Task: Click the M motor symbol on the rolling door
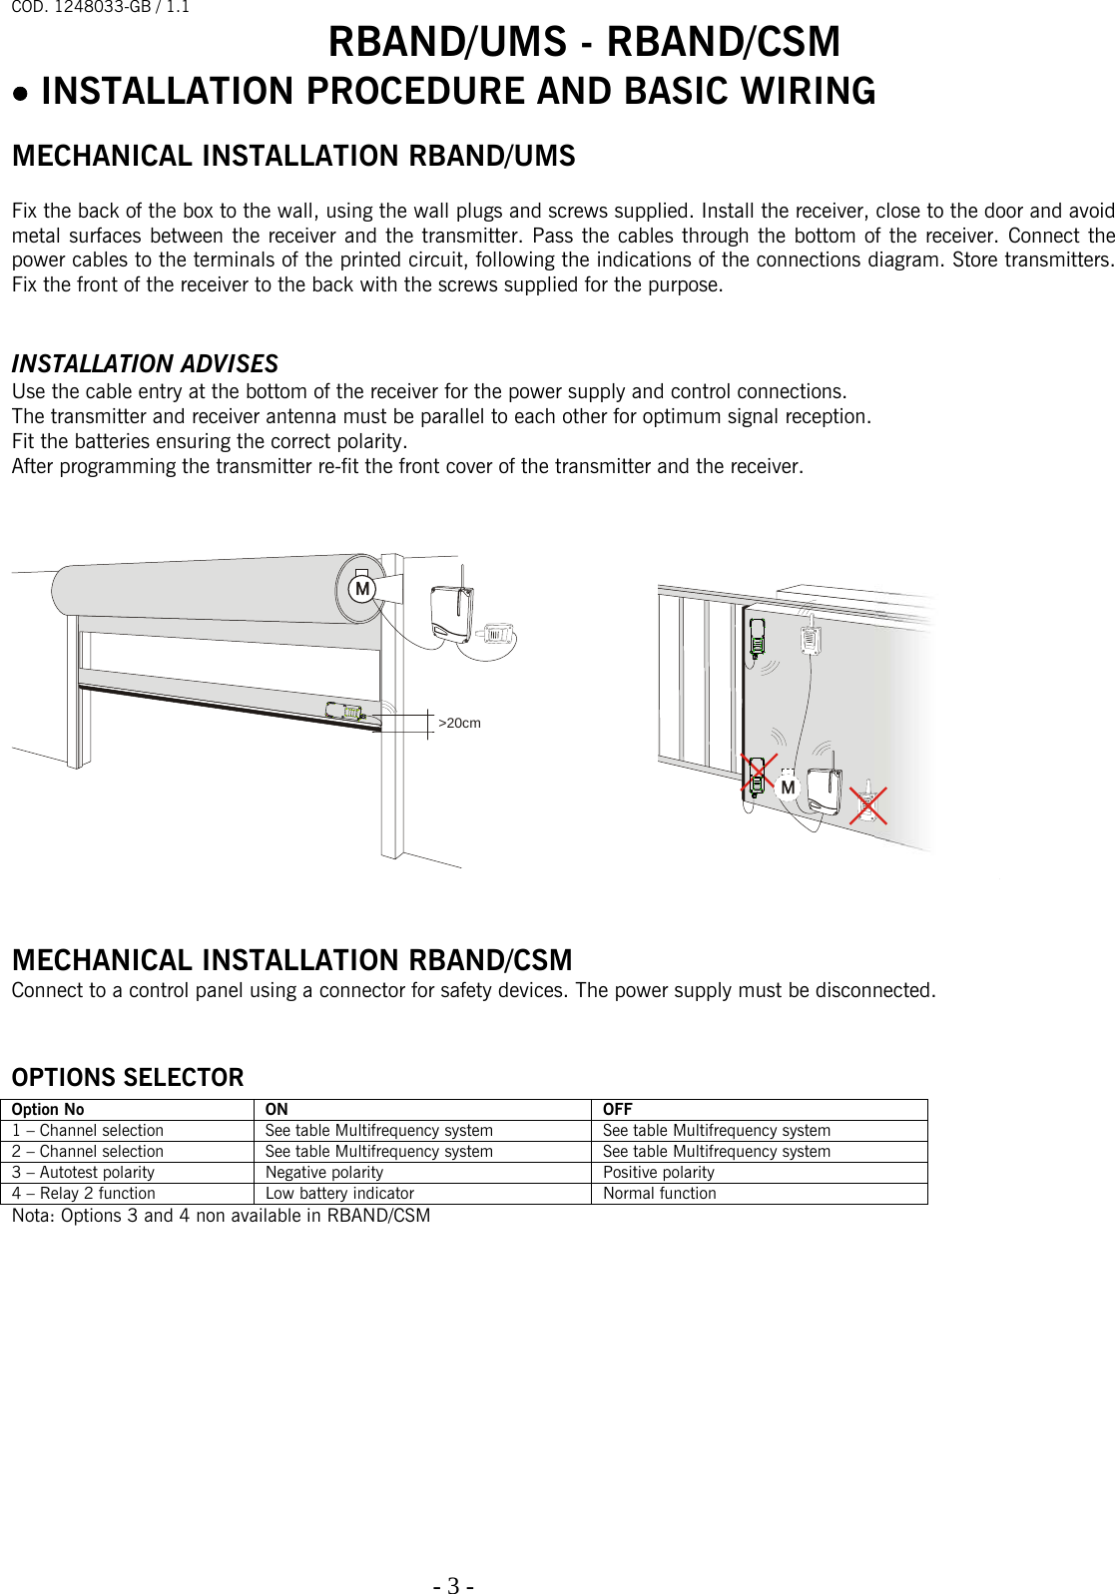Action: coord(362,589)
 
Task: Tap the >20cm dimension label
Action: coord(459,723)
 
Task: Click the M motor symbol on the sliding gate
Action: coord(788,788)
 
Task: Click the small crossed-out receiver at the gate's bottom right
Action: coord(867,803)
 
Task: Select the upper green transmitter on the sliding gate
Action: coord(758,639)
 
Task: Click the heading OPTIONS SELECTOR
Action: coord(128,1078)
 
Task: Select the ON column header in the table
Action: coord(277,1110)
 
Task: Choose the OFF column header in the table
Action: coord(617,1110)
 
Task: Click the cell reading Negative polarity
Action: coord(324,1173)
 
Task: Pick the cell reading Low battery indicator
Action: coord(339,1194)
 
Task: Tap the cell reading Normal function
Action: coord(659,1194)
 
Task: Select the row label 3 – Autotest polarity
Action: coord(84,1173)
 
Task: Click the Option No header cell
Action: coord(48,1110)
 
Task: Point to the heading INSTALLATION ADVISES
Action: coord(145,364)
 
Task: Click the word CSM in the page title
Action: coord(798,43)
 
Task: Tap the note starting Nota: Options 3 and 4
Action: coord(221,1216)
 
